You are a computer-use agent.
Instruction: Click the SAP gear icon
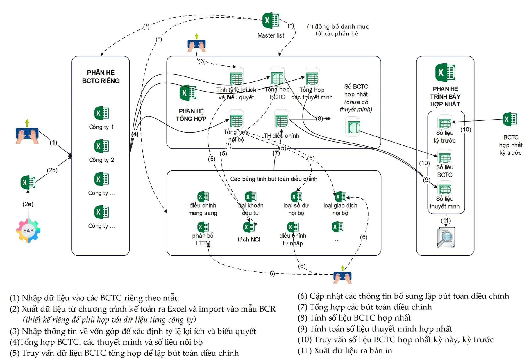click(x=28, y=231)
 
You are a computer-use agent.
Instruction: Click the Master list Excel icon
click(x=271, y=20)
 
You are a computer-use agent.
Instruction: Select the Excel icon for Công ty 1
click(x=101, y=113)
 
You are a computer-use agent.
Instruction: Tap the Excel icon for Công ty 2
click(x=101, y=146)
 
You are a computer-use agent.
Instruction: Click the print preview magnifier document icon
click(x=446, y=238)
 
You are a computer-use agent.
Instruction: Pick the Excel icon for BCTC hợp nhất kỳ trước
click(x=510, y=119)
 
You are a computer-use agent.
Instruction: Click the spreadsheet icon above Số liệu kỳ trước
click(x=445, y=122)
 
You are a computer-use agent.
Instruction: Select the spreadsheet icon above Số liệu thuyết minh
click(x=445, y=188)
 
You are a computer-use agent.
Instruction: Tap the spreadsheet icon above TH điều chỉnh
click(x=281, y=120)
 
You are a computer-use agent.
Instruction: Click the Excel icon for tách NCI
click(x=248, y=227)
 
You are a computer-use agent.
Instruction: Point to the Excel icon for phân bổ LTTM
click(x=203, y=227)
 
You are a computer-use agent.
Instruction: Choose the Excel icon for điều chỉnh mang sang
click(x=203, y=197)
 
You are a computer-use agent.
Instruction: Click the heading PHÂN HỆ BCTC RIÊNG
click(x=101, y=77)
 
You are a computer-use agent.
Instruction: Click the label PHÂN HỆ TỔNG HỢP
click(x=191, y=115)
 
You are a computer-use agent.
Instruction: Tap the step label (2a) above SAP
click(x=28, y=204)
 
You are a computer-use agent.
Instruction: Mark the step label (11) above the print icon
click(x=446, y=220)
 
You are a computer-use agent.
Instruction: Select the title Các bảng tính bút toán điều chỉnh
click(x=273, y=179)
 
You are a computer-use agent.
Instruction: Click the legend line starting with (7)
click(x=365, y=307)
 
